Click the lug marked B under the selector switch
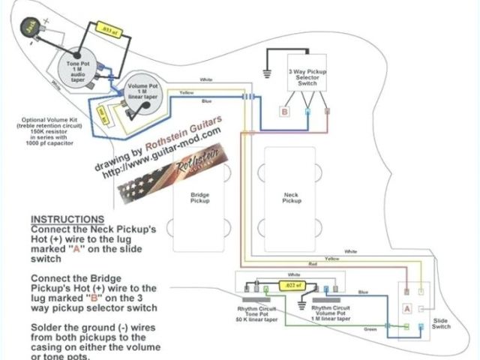(284, 112)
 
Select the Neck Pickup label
(292, 199)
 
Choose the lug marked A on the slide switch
(407, 309)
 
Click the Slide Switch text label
(441, 323)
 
